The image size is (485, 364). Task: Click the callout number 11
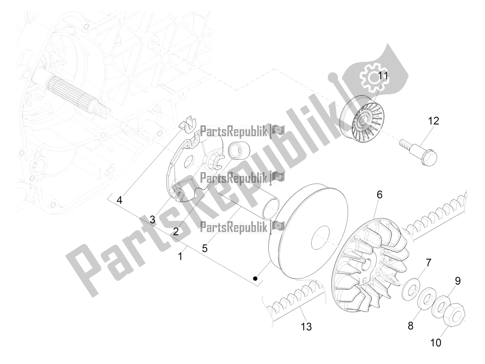[x=383, y=76]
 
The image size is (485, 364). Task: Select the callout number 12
[x=433, y=121]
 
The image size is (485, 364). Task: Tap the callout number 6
[x=380, y=194]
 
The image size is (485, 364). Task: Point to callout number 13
[x=306, y=327]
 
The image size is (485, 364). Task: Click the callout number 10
[x=436, y=342]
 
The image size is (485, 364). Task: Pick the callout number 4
[x=119, y=200]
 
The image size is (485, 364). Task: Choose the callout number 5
[x=205, y=248]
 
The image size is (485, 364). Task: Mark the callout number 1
[x=180, y=257]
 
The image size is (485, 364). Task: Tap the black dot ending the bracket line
[x=255, y=278]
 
